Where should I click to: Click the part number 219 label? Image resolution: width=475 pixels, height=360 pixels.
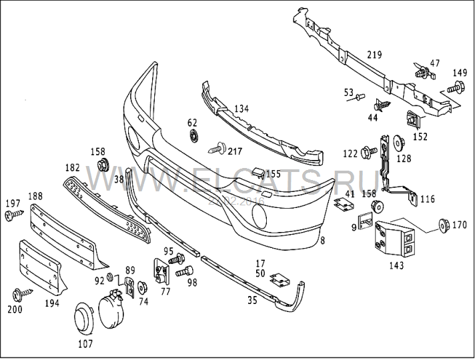(374, 55)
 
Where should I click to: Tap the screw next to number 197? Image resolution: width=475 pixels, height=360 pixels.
(14, 215)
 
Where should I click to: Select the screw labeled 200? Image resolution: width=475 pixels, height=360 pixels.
(22, 293)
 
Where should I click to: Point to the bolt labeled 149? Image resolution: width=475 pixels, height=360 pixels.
(454, 87)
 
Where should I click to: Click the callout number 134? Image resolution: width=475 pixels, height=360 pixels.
(241, 108)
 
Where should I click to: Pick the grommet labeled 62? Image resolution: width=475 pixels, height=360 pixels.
(193, 135)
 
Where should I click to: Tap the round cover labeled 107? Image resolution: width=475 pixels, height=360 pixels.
(84, 319)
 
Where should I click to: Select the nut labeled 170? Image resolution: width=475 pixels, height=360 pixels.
(444, 225)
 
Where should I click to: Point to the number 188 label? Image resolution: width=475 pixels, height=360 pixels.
(35, 196)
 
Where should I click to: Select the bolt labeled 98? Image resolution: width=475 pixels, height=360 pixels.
(184, 271)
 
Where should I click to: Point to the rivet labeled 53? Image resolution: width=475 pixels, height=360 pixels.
(360, 97)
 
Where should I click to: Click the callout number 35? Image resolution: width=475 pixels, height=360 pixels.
(252, 300)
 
